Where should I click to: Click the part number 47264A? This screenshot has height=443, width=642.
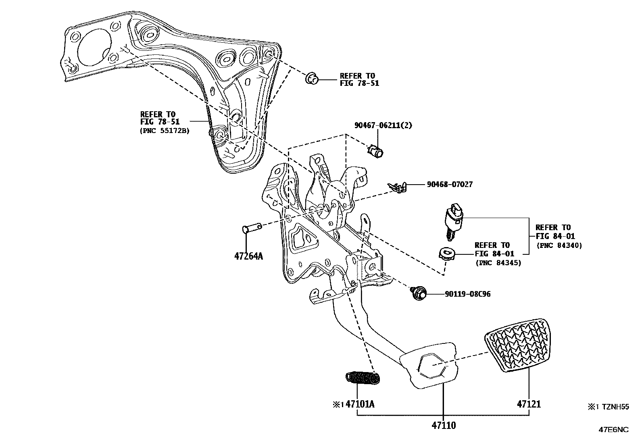pyautogui.click(x=248, y=256)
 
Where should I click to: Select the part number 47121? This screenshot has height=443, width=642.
pyautogui.click(x=529, y=404)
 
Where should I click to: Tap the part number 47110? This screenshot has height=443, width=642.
pyautogui.click(x=444, y=425)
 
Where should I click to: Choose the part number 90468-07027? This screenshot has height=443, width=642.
pyautogui.click(x=450, y=185)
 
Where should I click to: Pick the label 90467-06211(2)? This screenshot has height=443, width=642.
pyautogui.click(x=383, y=125)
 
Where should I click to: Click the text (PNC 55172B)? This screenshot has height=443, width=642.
pyautogui.click(x=165, y=131)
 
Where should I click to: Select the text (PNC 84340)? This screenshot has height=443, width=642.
pyautogui.click(x=559, y=245)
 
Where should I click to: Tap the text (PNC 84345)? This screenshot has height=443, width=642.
pyautogui.click(x=498, y=263)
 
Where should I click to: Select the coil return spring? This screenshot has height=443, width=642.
pyautogui.click(x=363, y=378)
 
